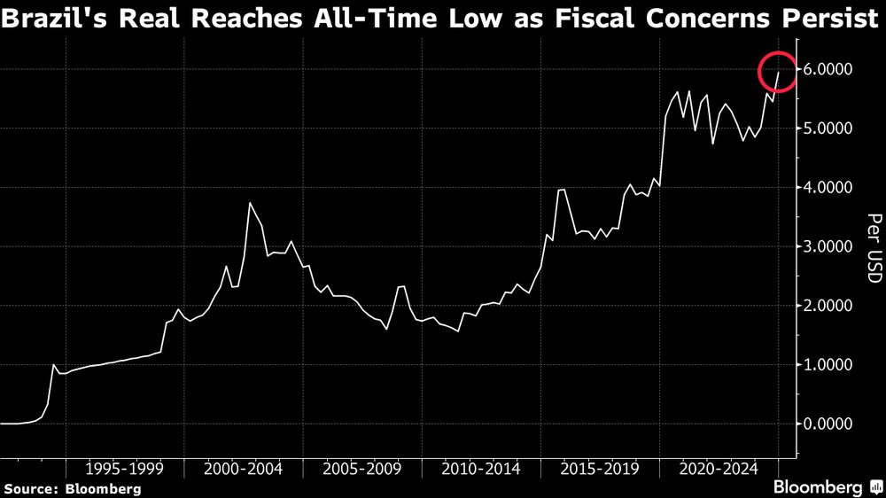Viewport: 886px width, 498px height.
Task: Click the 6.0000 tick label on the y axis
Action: tap(828, 69)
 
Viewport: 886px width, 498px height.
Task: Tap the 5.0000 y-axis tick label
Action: tap(828, 128)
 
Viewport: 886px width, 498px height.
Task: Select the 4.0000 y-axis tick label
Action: tap(828, 188)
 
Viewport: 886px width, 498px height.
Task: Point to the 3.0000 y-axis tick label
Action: tap(828, 246)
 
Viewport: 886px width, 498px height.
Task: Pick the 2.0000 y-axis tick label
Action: tap(828, 306)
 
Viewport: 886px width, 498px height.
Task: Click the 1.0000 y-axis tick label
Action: tap(828, 365)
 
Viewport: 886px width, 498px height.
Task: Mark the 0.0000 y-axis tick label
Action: tap(828, 424)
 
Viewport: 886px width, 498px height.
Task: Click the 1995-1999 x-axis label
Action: tap(124, 467)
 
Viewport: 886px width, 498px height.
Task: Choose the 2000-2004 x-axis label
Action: tap(244, 467)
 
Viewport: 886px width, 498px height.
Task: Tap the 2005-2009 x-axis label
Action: tap(362, 467)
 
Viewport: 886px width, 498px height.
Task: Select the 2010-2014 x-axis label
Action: tap(481, 467)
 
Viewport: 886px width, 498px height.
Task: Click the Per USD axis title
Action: tap(873, 248)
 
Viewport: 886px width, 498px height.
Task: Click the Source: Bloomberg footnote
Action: tap(73, 488)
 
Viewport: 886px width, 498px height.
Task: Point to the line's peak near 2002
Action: tap(251, 204)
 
